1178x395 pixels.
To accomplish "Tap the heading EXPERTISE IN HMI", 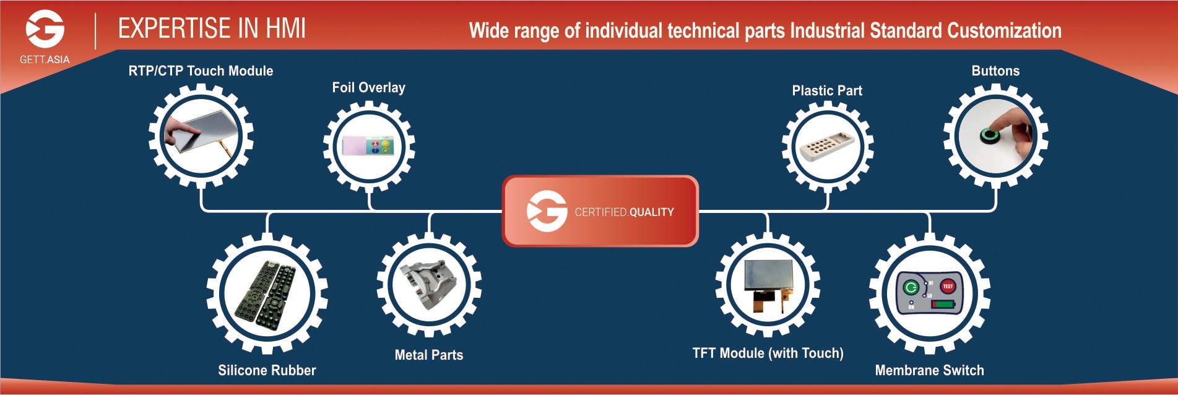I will coord(212,28).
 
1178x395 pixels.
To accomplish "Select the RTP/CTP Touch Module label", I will coord(201,71).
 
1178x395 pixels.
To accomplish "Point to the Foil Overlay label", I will coord(368,87).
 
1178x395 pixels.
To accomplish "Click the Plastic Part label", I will coord(826,90).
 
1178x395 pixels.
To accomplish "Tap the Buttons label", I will coord(995,71).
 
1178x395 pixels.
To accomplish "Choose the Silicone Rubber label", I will coord(267,370).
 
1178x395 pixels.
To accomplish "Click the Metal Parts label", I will coord(428,355).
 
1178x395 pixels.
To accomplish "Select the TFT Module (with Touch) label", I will coord(768,353).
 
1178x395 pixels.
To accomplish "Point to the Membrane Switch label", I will coord(929,370).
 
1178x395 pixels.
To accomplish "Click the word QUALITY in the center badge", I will coord(651,212).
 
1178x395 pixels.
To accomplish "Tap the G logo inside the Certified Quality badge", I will coord(547,211).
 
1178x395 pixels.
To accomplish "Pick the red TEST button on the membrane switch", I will coord(947,286).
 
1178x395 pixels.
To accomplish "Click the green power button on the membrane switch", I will coord(911,287).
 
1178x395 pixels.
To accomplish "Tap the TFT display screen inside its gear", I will coord(768,277).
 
